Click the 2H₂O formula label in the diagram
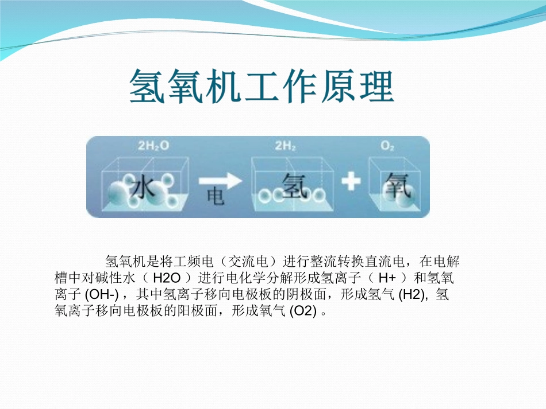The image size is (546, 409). click(154, 146)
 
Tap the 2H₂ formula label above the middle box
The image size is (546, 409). click(286, 146)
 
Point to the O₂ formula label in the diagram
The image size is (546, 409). click(387, 146)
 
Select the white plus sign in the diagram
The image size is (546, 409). click(351, 182)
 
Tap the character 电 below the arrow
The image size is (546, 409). click(215, 198)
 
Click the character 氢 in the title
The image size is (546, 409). click(147, 86)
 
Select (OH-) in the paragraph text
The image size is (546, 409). click(101, 295)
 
